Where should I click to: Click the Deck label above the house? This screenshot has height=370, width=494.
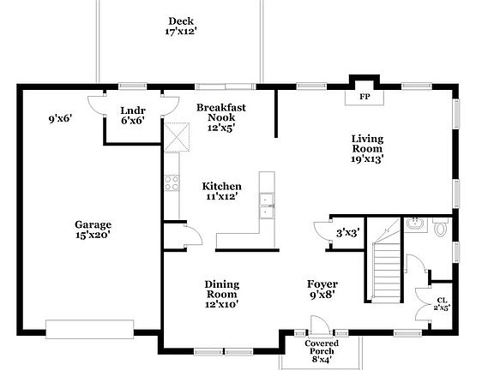coord(181,27)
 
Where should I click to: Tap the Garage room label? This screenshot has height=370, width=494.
coord(92,230)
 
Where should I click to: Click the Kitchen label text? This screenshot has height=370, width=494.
coord(220,191)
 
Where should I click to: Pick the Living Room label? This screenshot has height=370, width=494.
coord(367,148)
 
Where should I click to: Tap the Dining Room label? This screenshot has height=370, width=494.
coord(221,294)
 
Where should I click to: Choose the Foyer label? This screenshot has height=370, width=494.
coord(322,289)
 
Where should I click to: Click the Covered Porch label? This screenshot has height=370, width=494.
coord(322,351)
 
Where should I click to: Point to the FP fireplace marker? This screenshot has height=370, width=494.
coord(364,97)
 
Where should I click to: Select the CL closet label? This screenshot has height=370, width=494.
coord(442,303)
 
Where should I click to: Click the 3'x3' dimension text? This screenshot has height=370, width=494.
coord(346,232)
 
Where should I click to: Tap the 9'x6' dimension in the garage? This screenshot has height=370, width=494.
coord(59,119)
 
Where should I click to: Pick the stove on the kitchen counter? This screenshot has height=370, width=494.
coord(171,182)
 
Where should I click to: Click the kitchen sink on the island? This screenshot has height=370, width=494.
coord(267,201)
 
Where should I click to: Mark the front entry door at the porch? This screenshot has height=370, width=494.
coord(318,326)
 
